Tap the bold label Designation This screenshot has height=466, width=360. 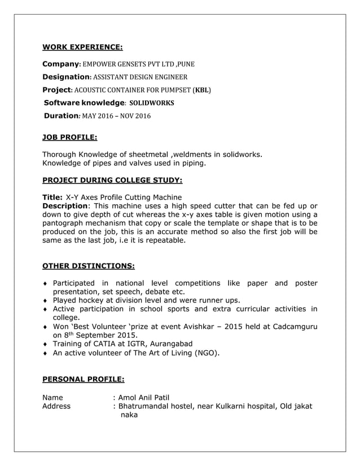click(66, 77)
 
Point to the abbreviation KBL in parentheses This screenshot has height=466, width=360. click(203, 90)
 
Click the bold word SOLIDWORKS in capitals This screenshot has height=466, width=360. click(152, 103)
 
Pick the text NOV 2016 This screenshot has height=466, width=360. click(135, 116)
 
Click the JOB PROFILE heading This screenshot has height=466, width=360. click(69, 137)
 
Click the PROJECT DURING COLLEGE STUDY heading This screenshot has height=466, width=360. click(112, 181)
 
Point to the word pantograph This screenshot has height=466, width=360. click(67, 223)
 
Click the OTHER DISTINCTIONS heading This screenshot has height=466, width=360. click(88, 266)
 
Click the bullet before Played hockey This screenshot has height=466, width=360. click(46, 301)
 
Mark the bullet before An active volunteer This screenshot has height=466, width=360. click(46, 354)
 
